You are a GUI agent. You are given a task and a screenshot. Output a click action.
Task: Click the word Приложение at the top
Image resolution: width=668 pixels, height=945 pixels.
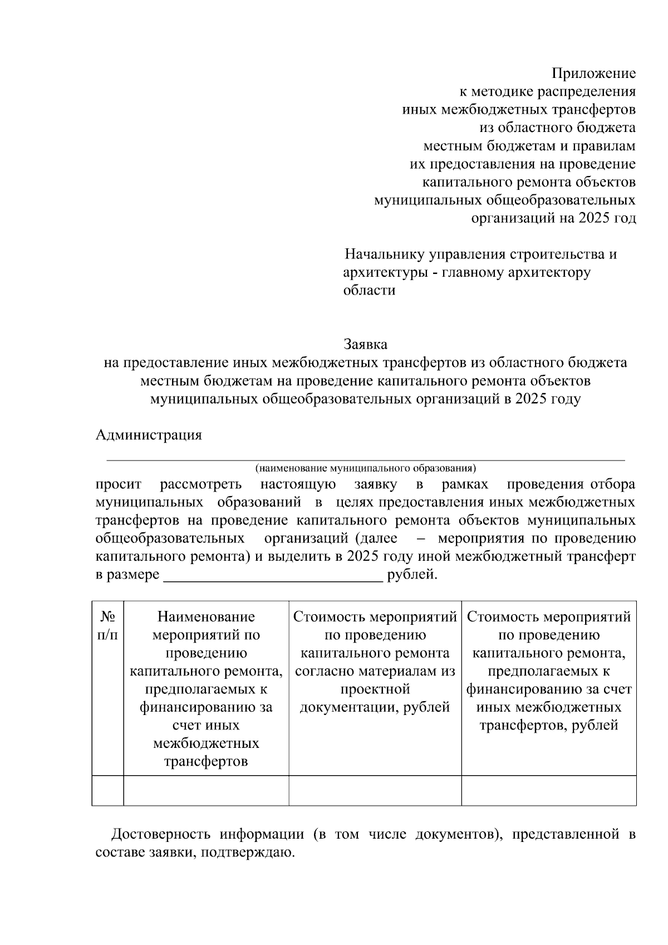593,74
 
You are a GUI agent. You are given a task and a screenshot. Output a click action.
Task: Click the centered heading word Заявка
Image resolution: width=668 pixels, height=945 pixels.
365,344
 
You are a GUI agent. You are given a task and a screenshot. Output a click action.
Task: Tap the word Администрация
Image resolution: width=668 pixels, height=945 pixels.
149,435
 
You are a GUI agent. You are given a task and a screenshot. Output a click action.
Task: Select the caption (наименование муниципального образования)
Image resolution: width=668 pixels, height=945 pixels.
365,468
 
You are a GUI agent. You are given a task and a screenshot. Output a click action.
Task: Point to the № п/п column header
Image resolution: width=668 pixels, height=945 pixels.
107,625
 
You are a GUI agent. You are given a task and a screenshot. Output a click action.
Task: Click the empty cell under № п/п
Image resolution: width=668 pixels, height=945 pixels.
107,790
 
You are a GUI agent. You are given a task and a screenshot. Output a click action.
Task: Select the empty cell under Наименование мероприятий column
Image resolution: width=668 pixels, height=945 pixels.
206,790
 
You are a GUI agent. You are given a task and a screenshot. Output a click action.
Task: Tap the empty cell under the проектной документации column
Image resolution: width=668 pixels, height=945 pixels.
375,790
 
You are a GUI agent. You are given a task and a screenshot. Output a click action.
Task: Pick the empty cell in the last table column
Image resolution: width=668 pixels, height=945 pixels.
548,790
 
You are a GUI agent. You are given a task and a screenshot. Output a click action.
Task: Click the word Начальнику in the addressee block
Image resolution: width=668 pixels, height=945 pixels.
384,254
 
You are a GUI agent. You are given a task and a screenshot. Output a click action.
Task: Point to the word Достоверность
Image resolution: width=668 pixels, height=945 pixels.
160,835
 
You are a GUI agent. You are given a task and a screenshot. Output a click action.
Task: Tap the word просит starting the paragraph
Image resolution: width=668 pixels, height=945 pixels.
118,484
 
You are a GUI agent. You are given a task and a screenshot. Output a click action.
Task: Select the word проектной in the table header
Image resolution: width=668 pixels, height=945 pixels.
375,689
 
